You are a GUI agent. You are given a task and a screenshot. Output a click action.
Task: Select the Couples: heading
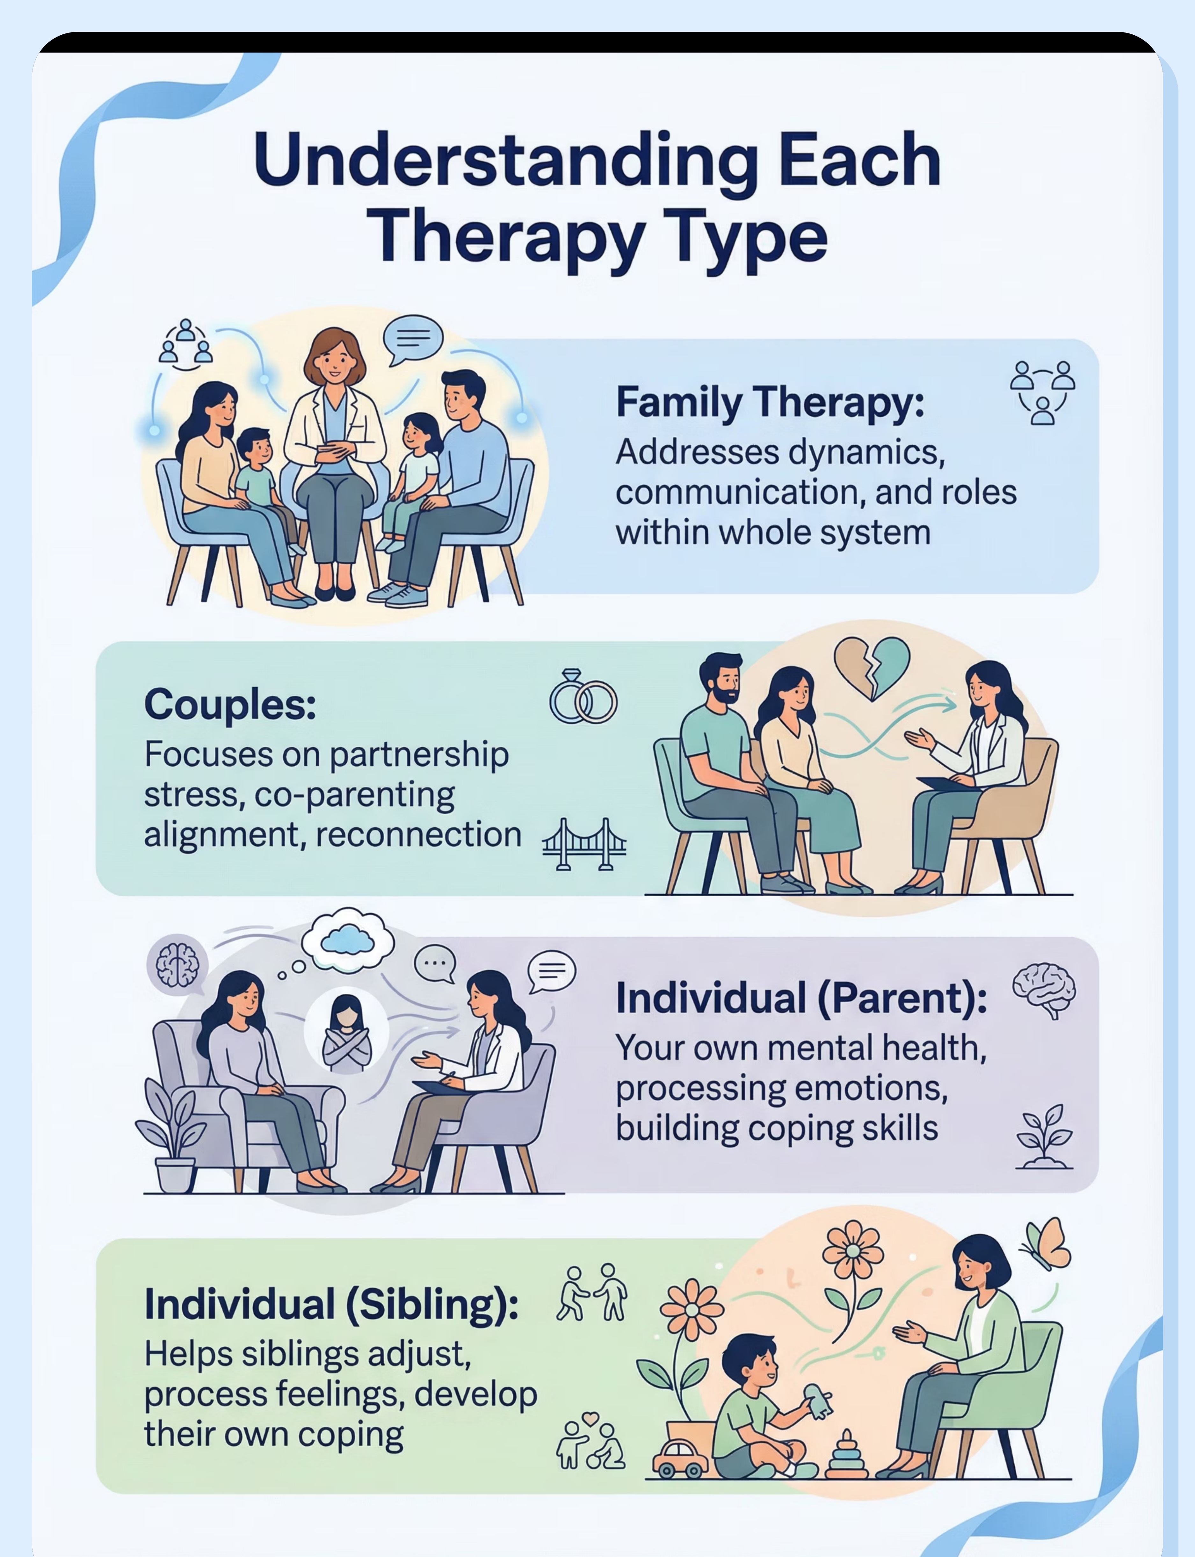230,704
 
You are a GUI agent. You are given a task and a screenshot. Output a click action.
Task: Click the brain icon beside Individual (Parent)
1044,990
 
